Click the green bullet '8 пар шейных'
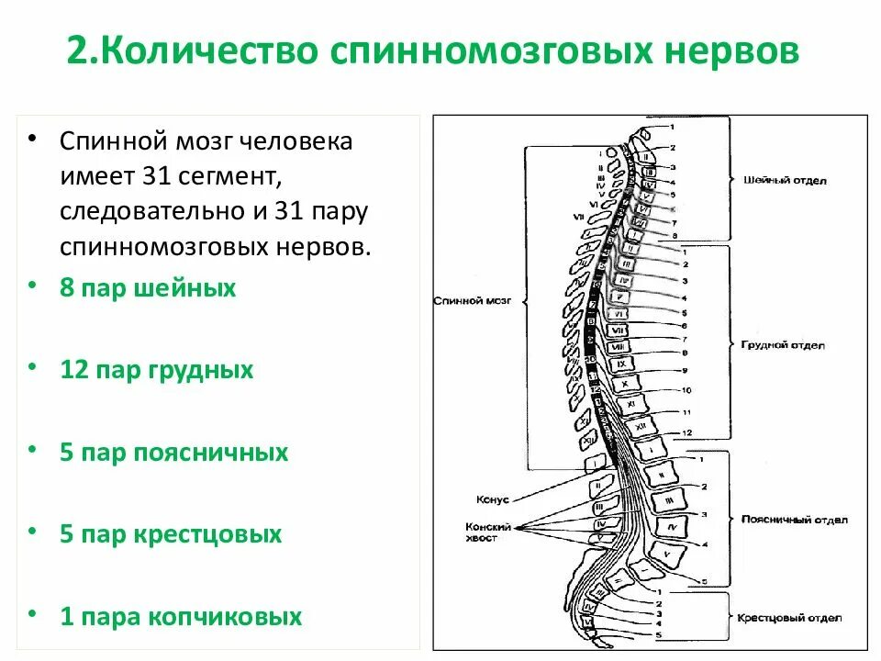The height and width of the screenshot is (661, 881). pos(148,288)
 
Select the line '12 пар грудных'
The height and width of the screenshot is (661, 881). pos(156,370)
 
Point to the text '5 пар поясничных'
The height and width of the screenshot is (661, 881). pos(174,453)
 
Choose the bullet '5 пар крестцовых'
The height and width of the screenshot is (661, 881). pos(171,534)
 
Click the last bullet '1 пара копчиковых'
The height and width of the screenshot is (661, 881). pos(181,616)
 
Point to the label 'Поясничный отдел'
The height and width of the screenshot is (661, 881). pos(795,520)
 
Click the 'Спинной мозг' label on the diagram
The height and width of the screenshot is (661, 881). pos(471,300)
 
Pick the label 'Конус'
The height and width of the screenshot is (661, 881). pos(492,499)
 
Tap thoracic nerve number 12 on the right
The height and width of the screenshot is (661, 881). pos(686,431)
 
